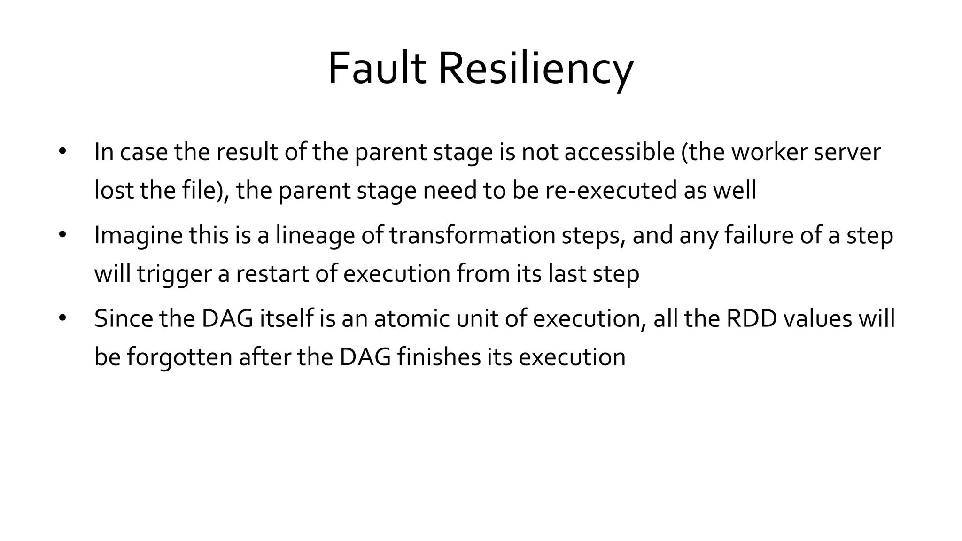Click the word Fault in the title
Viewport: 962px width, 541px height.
[x=377, y=69]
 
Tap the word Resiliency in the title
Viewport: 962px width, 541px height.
[x=535, y=70]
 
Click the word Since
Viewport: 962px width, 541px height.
[x=124, y=318]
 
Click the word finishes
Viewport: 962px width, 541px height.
[x=439, y=357]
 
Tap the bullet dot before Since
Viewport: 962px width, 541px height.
[x=63, y=318]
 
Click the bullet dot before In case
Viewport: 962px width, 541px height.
[x=63, y=152]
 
